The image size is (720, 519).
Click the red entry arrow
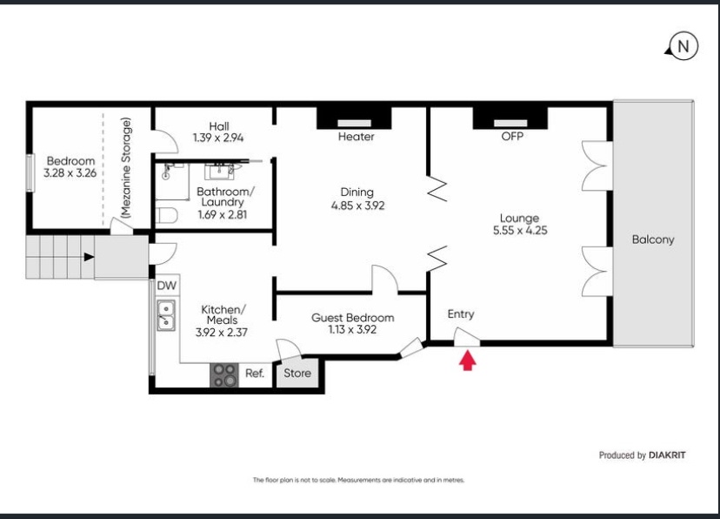pos(468,361)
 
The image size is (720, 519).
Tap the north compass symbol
pos(683,46)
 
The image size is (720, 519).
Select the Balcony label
pos(653,239)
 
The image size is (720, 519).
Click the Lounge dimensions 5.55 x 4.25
pos(520,230)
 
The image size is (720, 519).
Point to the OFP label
pos(512,136)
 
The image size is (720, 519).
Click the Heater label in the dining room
pos(356,137)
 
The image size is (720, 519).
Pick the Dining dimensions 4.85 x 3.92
pos(357,206)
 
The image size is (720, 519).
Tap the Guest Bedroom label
pos(353,318)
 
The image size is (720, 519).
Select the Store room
pos(297,374)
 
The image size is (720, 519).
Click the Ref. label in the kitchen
pos(255,374)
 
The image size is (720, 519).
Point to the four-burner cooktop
pos(224,375)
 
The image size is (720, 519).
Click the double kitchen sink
pos(166,315)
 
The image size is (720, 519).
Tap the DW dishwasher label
pos(166,286)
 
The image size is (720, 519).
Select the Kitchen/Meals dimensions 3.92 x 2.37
pos(222,333)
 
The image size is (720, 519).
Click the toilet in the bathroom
pos(166,215)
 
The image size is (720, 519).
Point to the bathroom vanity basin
pos(219,172)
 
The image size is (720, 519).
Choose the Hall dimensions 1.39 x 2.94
pos(218,138)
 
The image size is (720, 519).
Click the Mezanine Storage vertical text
pos(126,168)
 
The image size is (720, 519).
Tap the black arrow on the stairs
pos(89,257)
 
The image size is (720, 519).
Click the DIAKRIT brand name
pos(667,455)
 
